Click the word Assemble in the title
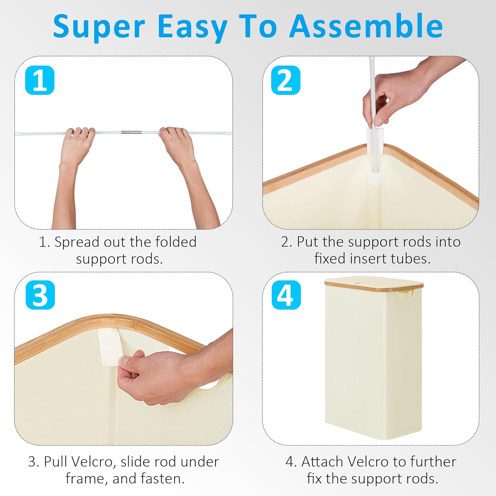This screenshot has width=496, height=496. [366, 26]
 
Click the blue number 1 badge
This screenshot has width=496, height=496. [40, 80]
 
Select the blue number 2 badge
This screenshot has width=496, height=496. [286, 80]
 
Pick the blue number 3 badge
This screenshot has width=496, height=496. [40, 295]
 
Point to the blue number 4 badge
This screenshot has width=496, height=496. [286, 295]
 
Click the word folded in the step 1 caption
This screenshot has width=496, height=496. [176, 242]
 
